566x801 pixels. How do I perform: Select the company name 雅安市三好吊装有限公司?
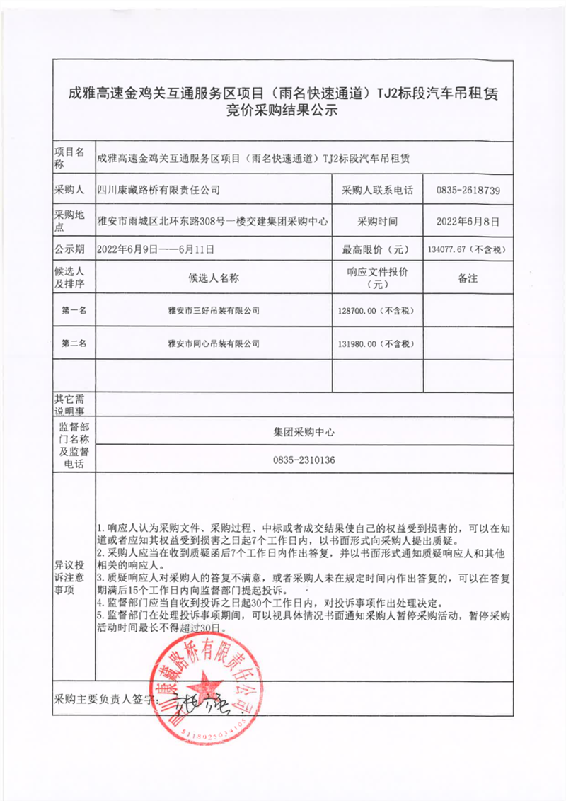click(214, 310)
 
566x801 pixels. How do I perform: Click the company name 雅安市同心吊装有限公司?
click(214, 343)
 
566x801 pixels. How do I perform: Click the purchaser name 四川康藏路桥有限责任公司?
click(158, 191)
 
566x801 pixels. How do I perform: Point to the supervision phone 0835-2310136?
click(304, 460)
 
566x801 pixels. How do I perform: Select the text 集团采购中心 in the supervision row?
click(304, 431)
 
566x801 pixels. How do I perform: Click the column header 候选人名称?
click(214, 278)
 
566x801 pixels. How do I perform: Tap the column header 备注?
click(468, 278)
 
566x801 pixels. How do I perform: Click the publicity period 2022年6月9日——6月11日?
click(156, 249)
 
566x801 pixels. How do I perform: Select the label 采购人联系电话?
click(378, 191)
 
